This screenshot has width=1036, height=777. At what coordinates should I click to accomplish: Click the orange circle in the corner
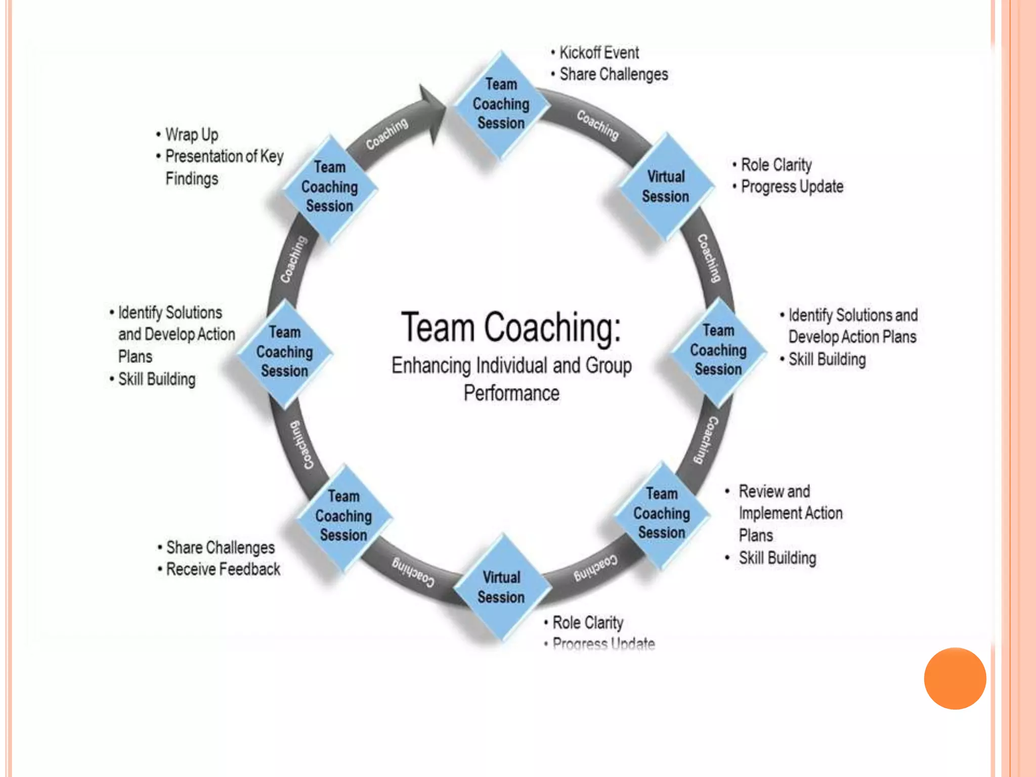[955, 678]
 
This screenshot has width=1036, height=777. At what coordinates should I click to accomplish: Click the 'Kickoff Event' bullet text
[599, 53]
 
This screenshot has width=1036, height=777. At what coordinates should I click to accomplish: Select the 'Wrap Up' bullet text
[192, 135]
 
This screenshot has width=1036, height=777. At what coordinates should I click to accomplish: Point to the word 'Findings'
[192, 179]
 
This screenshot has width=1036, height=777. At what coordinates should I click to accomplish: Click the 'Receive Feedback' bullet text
[223, 569]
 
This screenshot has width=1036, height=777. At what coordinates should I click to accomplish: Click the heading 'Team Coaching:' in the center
[511, 327]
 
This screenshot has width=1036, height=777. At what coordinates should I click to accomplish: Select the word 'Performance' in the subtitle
[511, 393]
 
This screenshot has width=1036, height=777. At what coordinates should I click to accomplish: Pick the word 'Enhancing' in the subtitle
[431, 365]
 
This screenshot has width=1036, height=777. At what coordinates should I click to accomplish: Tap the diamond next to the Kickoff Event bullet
[501, 104]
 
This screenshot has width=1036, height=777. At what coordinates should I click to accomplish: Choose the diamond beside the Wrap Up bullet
[330, 187]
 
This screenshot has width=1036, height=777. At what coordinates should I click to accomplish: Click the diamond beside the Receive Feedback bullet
[344, 516]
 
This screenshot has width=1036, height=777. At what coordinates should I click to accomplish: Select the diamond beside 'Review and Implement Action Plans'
[662, 513]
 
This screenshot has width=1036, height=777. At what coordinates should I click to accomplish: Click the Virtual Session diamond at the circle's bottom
[501, 587]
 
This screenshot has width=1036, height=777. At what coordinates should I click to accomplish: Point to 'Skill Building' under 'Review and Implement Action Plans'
[778, 558]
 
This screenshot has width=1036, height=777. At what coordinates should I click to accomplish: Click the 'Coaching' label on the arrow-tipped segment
[387, 134]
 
